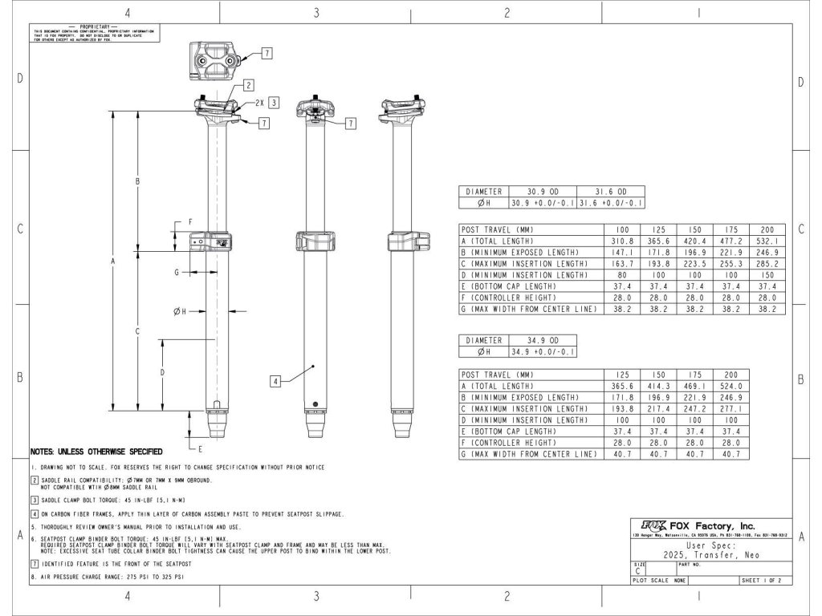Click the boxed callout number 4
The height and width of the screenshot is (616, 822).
275,383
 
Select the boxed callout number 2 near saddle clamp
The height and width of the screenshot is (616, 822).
249,84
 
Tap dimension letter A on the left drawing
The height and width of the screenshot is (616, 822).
113,261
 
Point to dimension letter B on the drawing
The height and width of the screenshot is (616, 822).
138,182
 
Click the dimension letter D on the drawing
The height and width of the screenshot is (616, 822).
162,373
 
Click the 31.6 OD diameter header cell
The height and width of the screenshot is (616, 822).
610,192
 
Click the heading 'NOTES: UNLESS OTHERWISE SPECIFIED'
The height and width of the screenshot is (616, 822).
96,452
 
